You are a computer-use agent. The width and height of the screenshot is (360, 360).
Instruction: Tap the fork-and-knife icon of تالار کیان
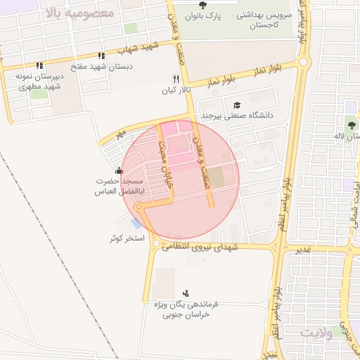176,79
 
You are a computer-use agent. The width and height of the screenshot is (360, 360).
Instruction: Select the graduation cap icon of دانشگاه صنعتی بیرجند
236,104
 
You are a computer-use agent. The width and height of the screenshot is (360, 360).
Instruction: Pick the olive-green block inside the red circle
217,179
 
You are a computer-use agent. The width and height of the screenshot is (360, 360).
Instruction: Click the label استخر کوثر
126,239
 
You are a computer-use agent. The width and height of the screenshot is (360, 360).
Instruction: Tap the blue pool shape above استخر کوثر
136,223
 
